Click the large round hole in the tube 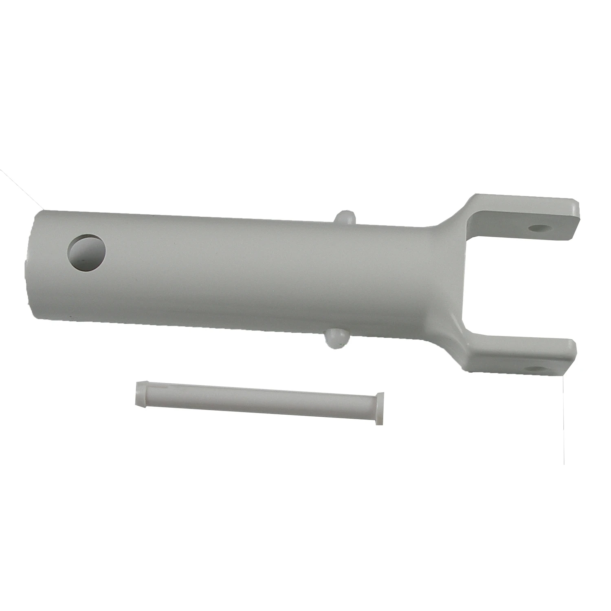[87, 253]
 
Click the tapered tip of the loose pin [139, 394]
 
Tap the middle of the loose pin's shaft [257, 401]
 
